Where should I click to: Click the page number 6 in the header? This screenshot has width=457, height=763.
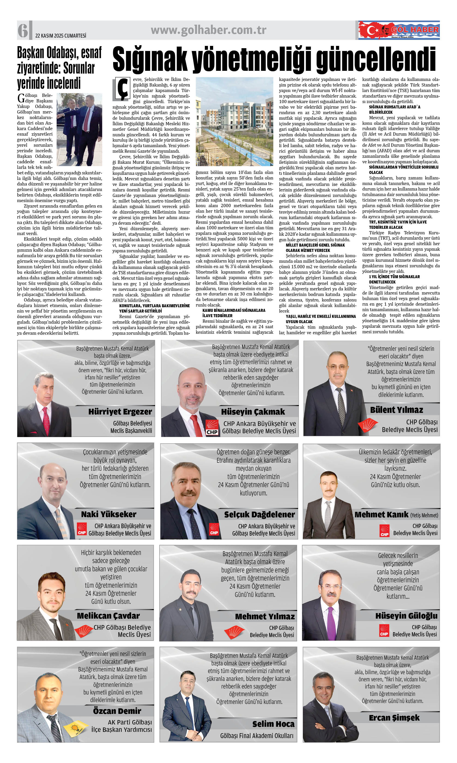point(23,30)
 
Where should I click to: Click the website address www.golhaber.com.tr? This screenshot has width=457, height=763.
point(209,30)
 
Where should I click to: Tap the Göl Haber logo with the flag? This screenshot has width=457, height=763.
point(399,30)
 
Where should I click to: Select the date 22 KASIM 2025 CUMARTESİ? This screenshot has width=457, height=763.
point(61,36)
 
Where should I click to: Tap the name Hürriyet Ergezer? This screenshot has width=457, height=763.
point(120,411)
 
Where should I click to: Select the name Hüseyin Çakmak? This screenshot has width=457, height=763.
point(253,411)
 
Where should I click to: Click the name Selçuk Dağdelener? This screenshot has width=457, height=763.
point(259,515)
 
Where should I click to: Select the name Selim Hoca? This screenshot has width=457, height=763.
point(273,724)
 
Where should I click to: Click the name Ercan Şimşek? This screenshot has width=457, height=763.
point(394,718)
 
